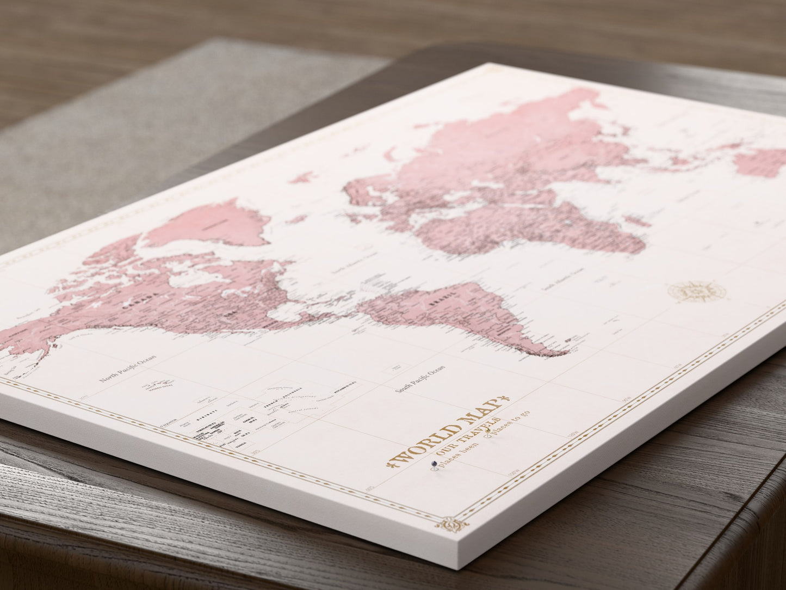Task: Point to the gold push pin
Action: (488, 434)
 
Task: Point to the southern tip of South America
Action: (560, 354)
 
